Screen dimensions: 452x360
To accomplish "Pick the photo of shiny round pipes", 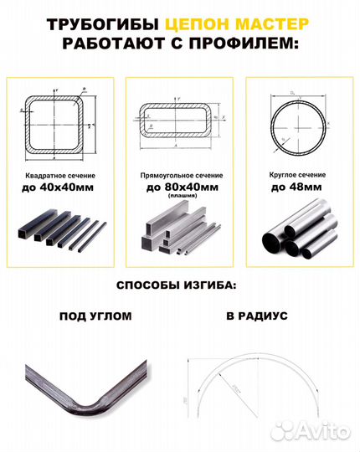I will coord(299,234).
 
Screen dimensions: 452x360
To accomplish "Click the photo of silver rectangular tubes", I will coord(179,234).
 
